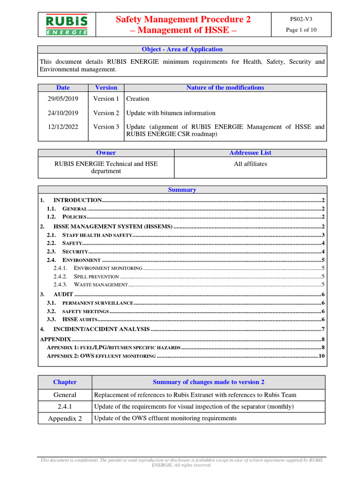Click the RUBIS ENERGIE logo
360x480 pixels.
(66, 25)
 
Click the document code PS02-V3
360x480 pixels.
(301, 19)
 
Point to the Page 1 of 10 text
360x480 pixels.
(301, 30)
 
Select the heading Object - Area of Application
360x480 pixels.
(182, 49)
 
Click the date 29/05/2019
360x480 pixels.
(63, 99)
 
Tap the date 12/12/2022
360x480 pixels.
(63, 127)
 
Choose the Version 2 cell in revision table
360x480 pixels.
(106, 113)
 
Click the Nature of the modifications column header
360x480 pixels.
(225, 88)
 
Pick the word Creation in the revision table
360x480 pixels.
(138, 99)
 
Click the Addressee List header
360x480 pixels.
(250, 153)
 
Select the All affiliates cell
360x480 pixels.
(250, 164)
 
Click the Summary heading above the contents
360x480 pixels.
(182, 190)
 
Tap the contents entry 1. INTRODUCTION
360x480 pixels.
(77, 200)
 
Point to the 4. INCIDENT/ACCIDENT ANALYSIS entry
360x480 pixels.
(101, 329)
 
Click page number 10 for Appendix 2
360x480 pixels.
(322, 356)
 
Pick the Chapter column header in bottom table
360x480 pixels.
(65, 382)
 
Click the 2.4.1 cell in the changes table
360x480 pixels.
(65, 406)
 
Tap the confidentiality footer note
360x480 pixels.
(182, 463)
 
